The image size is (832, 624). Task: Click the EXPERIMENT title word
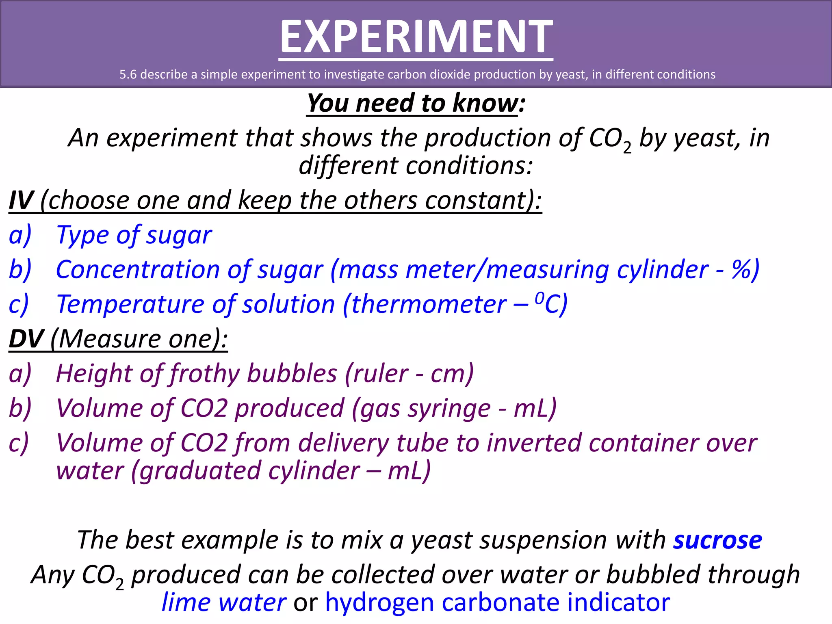click(416, 37)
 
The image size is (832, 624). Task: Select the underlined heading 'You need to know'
click(412, 103)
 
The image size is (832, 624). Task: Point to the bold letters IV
click(21, 200)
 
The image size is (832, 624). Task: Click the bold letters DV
click(26, 339)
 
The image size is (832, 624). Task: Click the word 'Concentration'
click(138, 270)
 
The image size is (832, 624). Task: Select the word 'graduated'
click(199, 471)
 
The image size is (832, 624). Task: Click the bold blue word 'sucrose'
click(717, 540)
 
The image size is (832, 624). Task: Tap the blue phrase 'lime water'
click(224, 602)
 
